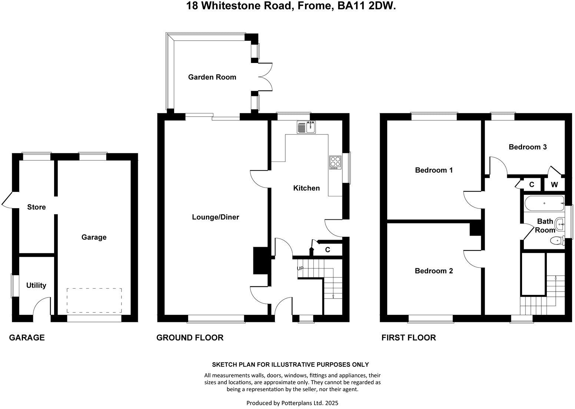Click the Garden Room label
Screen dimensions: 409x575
[212, 77]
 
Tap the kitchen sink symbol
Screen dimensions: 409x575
[306, 127]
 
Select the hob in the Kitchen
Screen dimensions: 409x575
[335, 163]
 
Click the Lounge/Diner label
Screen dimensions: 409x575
[215, 217]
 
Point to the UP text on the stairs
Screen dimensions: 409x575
[300, 268]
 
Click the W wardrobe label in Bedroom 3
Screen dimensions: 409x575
[554, 184]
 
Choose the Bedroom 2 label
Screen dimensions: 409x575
[433, 271]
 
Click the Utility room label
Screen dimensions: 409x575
[36, 285]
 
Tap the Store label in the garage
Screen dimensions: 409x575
[36, 207]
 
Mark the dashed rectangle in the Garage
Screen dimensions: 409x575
[94, 300]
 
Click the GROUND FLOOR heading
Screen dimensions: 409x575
[190, 337]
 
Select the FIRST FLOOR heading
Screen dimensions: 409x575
[408, 337]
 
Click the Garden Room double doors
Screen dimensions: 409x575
[265, 77]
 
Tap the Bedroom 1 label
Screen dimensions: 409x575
[433, 170]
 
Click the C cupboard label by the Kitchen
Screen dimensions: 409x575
[328, 250]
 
